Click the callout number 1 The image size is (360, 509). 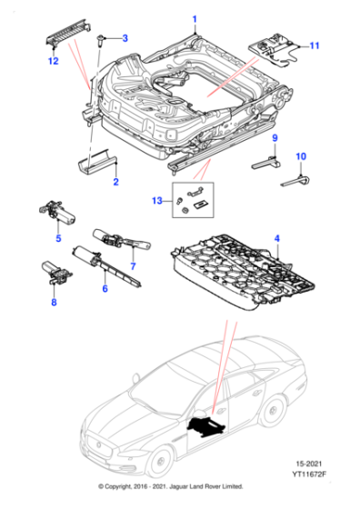(193, 19)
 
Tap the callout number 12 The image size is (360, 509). (54, 61)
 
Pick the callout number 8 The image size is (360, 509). (52, 304)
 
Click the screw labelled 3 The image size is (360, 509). (105, 37)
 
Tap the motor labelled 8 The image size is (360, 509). (53, 273)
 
